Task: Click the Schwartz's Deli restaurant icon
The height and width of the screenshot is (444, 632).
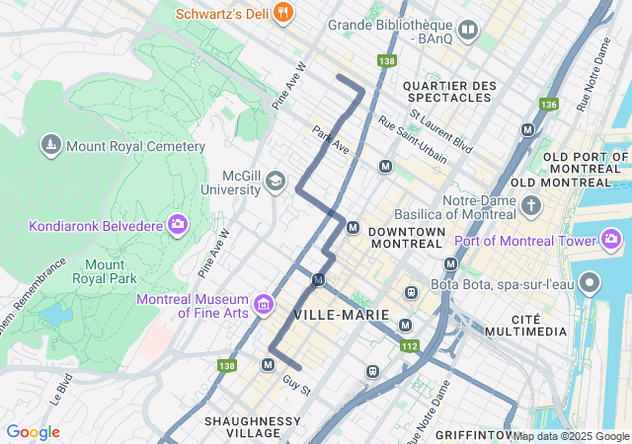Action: [x=284, y=13]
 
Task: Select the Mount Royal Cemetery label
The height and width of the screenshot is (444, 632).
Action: [x=135, y=147]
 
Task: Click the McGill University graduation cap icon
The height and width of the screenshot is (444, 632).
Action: [x=276, y=181]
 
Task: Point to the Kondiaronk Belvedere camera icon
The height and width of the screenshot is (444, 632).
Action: [x=179, y=225]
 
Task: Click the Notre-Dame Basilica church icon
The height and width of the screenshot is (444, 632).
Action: [x=532, y=206]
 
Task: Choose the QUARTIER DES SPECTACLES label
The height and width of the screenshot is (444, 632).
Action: [x=449, y=92]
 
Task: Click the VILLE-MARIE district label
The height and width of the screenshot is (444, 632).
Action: [x=341, y=314]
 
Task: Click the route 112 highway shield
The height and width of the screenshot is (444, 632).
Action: [x=410, y=345]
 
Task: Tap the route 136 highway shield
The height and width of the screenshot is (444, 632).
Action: [x=549, y=104]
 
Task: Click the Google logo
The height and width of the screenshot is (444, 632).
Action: [x=33, y=432]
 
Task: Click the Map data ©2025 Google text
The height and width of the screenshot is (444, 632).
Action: [x=571, y=436]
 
